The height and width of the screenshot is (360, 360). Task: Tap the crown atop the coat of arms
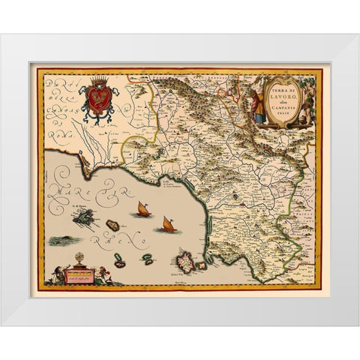pyautogui.click(x=98, y=80)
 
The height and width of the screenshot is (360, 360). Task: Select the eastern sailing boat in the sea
pyautogui.click(x=166, y=223)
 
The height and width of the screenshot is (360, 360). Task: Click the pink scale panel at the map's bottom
pyautogui.click(x=80, y=275)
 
